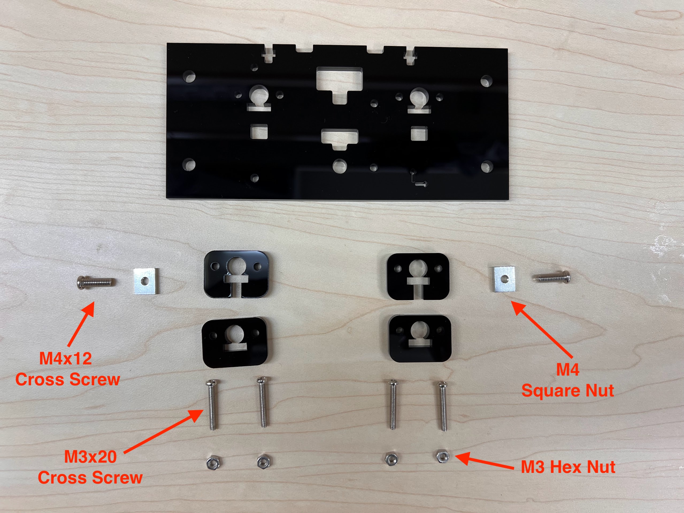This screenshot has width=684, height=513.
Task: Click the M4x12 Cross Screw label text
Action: tap(67, 369)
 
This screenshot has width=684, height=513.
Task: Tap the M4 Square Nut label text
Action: tap(568, 380)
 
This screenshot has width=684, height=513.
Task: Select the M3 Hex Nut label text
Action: tap(568, 467)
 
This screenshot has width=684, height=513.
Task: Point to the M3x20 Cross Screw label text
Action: tap(90, 467)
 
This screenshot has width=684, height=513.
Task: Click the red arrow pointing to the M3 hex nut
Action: tap(484, 461)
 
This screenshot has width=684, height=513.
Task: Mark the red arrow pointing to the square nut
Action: tap(542, 330)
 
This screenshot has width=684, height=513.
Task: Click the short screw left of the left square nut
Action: tap(95, 282)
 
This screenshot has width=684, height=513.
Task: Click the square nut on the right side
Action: tap(504, 279)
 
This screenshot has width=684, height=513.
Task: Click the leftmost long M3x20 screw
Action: tap(212, 405)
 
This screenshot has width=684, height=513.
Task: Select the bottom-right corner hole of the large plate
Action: tap(486, 166)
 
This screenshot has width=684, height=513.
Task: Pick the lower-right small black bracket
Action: tap(419, 339)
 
